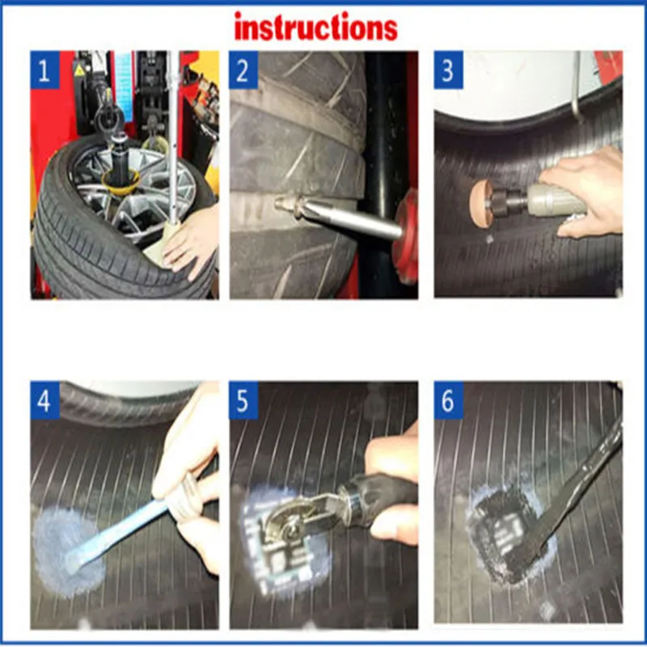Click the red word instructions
pos(315,27)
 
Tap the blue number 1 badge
pos(45,70)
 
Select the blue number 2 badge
pos(243,70)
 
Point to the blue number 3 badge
pos(449,70)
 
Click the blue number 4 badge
pos(45,400)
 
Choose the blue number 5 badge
pos(243,400)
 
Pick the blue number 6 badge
pos(449,400)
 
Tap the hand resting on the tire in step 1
pos(191,242)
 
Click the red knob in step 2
pos(406,236)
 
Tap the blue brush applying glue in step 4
pos(116,536)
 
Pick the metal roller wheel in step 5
pos(285,521)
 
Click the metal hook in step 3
pos(577,87)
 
